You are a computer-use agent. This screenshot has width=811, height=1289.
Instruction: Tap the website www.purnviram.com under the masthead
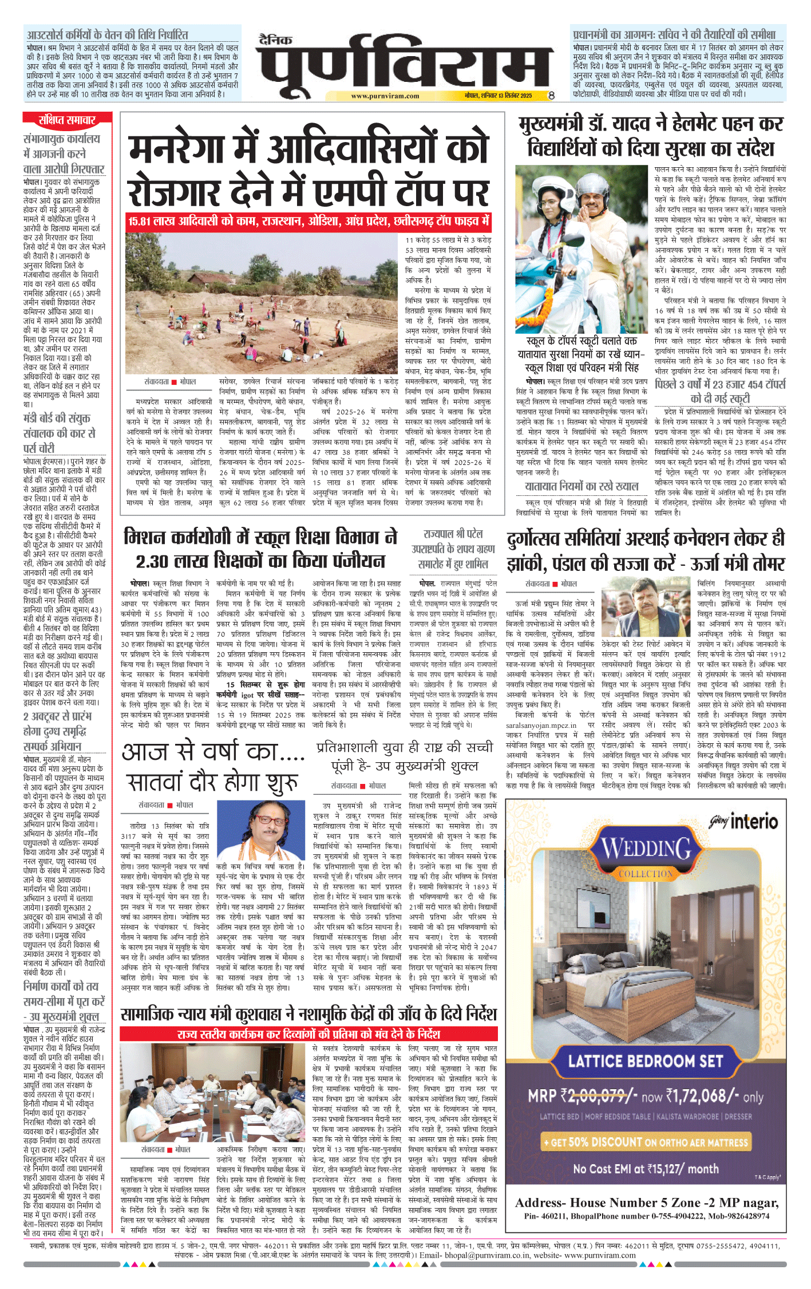pos(385,96)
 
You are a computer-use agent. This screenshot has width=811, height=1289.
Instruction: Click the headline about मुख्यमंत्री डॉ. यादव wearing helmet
pos(651,136)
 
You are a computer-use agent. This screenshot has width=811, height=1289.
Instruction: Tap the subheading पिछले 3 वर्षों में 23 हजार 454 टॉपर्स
pos(720,391)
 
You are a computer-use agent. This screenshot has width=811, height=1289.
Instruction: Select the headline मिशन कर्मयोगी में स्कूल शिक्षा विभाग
pos(260,548)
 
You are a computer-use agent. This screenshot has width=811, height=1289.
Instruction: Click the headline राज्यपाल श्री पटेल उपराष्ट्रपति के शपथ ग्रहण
pos(453,549)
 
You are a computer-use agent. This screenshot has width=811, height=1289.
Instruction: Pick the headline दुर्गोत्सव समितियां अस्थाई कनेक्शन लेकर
pos(646,551)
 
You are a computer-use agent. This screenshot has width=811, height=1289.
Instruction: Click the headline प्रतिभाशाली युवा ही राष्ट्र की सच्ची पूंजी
pos(405,756)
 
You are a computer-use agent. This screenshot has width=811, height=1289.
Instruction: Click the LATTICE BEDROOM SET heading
pos(646,1061)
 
